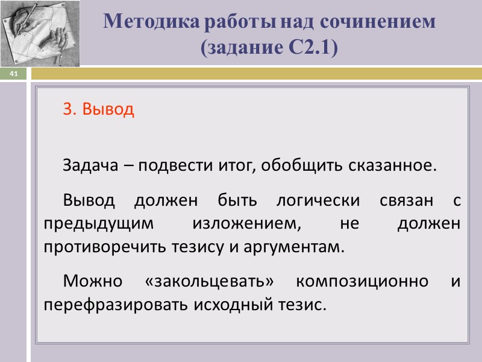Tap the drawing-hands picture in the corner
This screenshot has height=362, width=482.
39,32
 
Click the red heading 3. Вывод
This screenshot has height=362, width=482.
98,109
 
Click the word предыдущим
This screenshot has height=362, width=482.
96,223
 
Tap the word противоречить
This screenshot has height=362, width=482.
103,247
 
